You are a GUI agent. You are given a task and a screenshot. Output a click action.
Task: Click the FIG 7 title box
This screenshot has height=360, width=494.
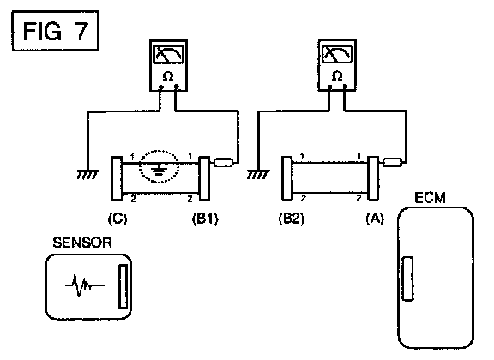56,31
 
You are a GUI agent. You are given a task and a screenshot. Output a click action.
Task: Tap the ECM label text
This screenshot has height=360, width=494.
430,198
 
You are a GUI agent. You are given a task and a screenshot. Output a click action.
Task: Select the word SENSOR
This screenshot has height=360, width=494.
82,243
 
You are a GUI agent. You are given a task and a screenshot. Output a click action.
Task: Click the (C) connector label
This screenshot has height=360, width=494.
117,219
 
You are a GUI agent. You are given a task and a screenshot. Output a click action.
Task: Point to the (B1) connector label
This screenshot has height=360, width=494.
205,219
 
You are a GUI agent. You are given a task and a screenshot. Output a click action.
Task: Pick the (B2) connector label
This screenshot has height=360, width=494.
292,219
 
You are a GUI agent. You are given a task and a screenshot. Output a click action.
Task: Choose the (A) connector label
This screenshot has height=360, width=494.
375,218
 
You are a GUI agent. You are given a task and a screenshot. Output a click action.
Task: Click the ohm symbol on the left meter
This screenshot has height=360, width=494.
168,76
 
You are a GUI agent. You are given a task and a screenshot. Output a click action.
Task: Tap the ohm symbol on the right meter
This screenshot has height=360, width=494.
337,76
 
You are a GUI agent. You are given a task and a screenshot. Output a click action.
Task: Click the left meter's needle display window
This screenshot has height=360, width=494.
169,54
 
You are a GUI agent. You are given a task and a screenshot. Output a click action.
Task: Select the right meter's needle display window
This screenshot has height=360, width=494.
337,54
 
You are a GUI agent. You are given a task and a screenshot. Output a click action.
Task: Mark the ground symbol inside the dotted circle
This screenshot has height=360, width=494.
158,171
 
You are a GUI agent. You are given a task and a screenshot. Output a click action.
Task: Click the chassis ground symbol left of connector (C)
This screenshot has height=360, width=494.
87,174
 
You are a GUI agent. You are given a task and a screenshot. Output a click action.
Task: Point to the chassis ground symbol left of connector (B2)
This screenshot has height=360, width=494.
258,174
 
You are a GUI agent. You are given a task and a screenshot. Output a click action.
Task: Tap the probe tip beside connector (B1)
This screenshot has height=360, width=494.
224,163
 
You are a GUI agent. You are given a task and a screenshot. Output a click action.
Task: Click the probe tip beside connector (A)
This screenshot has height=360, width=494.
392,163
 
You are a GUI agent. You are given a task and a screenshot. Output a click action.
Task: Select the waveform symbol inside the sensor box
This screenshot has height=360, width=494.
85,285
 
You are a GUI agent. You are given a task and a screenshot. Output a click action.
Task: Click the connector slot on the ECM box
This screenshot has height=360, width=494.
408,279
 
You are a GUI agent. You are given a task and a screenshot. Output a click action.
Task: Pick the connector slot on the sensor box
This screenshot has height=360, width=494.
123,286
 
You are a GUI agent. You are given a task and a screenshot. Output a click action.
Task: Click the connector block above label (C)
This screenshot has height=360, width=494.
117,178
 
